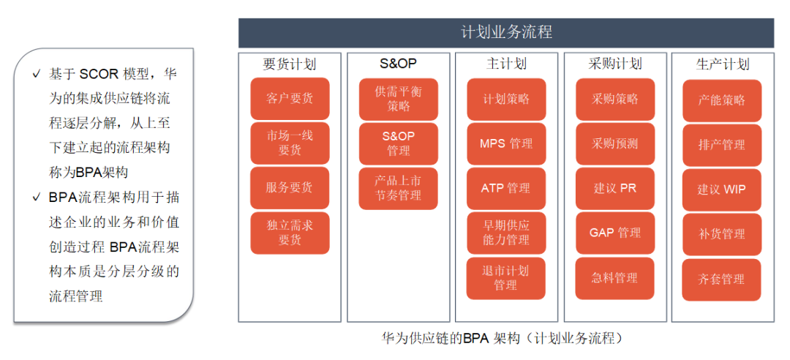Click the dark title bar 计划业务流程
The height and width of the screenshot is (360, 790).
(506, 33)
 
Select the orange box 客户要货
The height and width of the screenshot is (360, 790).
(290, 98)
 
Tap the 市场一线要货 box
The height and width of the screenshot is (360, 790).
(290, 143)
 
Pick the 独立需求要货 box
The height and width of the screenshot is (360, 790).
(290, 233)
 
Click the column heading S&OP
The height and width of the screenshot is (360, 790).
(398, 64)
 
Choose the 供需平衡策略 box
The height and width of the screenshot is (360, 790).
(398, 100)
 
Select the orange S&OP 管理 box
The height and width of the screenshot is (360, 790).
(398, 143)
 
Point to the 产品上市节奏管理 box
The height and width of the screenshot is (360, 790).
(398, 188)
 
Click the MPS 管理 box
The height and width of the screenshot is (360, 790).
(506, 143)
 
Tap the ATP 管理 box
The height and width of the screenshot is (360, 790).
(506, 189)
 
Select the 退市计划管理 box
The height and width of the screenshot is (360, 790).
(506, 278)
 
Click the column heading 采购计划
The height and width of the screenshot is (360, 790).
(614, 64)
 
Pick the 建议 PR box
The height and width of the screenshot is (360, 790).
(615, 189)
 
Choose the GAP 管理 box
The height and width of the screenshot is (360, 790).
(615, 233)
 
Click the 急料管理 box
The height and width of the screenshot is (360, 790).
(615, 278)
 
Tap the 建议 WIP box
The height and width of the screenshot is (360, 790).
(722, 190)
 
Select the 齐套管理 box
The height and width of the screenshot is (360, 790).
(722, 280)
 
